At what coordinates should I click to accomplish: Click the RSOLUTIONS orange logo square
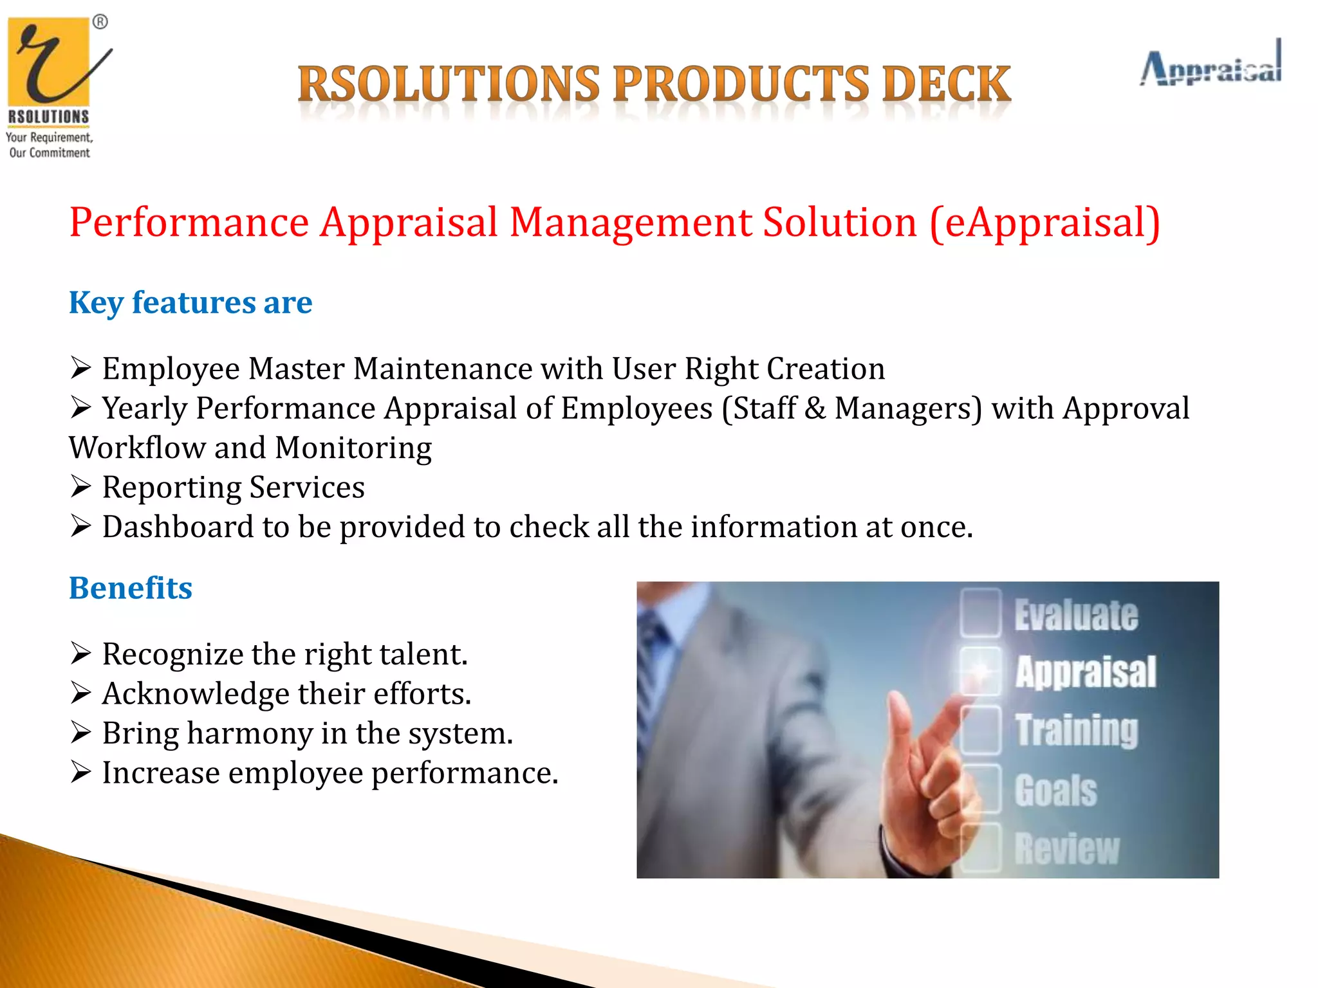tap(48, 61)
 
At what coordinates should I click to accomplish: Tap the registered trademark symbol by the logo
tap(100, 23)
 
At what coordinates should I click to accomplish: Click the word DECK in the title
tap(945, 84)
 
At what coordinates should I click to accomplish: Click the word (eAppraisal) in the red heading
tap(1044, 223)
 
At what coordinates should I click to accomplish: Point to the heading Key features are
tap(190, 302)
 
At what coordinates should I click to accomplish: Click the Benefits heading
tap(131, 588)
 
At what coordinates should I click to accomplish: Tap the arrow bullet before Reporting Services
tap(81, 487)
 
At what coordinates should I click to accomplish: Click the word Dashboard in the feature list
tap(178, 527)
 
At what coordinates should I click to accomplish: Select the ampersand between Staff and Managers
tap(815, 408)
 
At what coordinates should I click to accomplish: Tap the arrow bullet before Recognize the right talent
tap(81, 654)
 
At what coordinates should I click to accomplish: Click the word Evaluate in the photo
tap(1076, 615)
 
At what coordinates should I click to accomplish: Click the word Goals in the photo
tap(1055, 791)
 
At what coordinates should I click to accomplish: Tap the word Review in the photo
tap(1067, 849)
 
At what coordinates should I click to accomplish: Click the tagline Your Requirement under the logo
tap(49, 137)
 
